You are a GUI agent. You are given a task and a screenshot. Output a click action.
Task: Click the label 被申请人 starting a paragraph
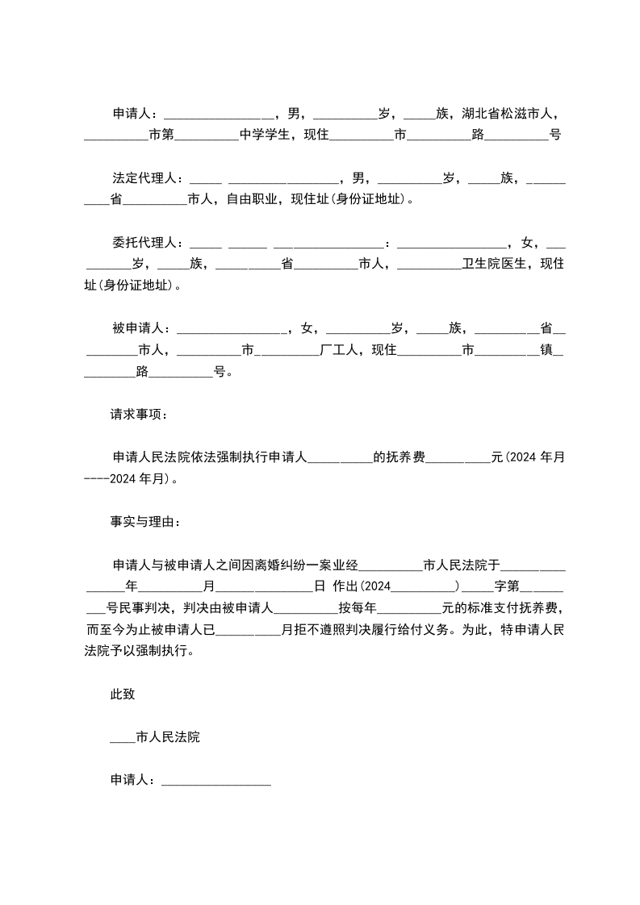[138, 327]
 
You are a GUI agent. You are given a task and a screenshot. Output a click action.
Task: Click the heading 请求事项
[138, 414]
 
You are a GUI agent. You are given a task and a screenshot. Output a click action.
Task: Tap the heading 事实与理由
[144, 521]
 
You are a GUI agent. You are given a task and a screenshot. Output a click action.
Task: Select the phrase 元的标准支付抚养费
[501, 607]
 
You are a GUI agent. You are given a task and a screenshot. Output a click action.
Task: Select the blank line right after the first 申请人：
[219, 114]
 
